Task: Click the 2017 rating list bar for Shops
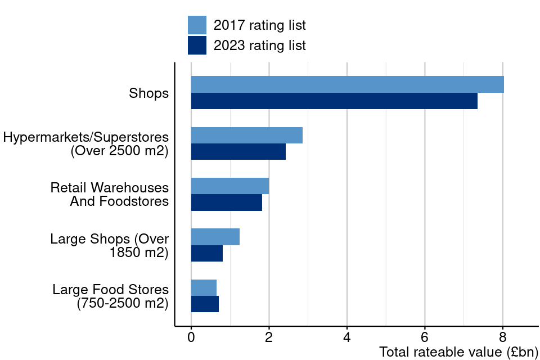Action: [347, 84]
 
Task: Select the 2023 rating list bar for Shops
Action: [334, 101]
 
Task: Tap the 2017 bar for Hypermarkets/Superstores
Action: [247, 135]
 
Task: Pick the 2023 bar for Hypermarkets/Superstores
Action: [238, 152]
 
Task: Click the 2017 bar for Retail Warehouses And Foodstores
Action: [230, 186]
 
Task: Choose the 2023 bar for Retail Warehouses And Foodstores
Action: [227, 202]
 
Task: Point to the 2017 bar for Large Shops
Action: [215, 237]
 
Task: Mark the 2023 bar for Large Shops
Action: [207, 254]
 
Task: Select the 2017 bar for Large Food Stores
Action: [204, 287]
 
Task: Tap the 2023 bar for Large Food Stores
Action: [205, 304]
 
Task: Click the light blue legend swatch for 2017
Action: [197, 25]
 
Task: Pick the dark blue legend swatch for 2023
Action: [197, 45]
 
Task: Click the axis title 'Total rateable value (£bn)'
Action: [458, 352]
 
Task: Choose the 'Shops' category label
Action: [148, 93]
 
